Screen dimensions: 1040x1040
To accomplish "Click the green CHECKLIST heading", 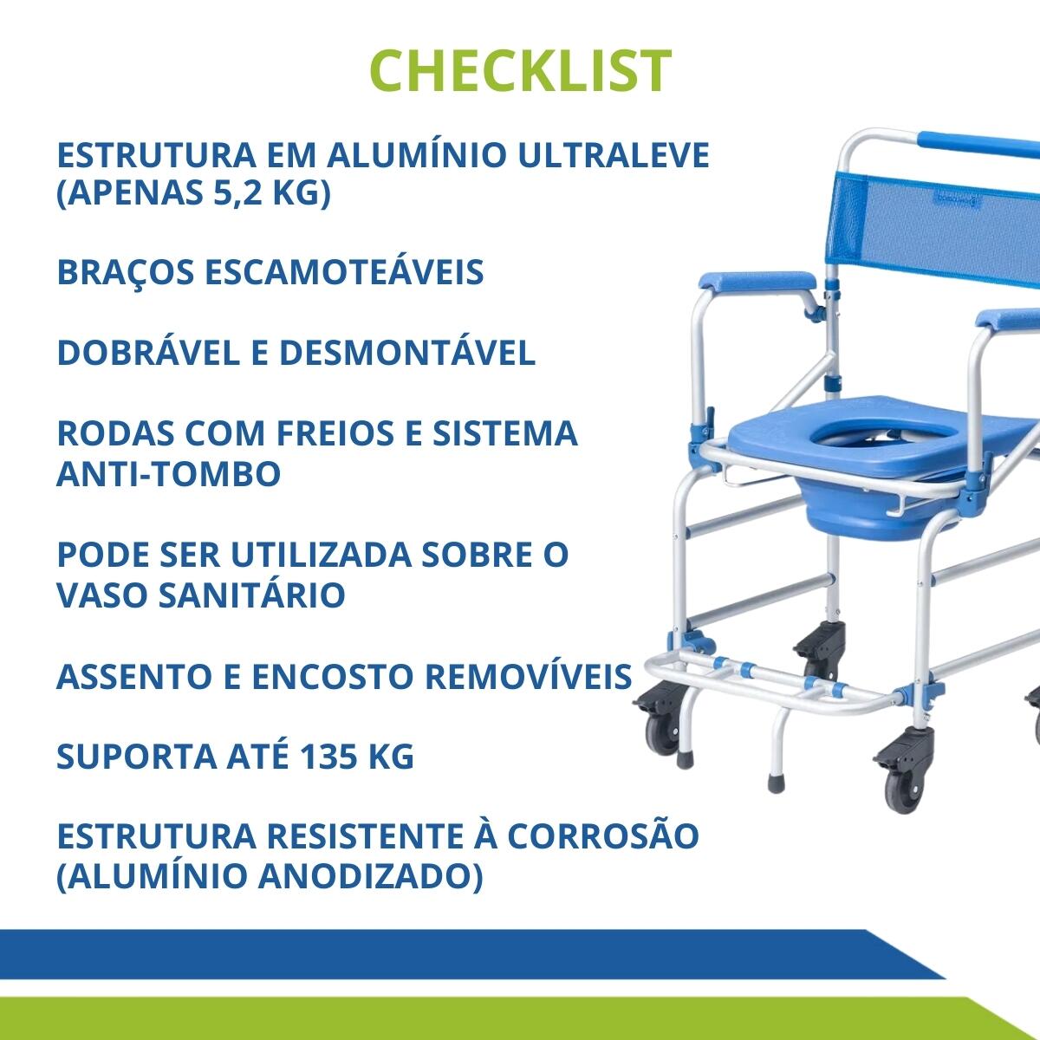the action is point(520,71).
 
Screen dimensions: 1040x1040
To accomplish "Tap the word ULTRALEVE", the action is point(614,155).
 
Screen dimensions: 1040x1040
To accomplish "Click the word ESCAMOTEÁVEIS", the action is point(344,271).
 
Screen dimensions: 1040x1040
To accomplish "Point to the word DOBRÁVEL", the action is point(148,353).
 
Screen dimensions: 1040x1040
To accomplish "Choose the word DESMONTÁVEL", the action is point(407,353).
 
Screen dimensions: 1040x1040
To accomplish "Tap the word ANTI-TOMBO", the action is point(169,473).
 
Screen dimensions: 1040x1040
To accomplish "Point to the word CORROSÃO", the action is point(602,836).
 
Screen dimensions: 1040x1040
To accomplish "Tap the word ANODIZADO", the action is point(370,878).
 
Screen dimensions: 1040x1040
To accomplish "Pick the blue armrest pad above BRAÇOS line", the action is point(757,281).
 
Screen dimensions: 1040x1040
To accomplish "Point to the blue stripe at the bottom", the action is point(470,953).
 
